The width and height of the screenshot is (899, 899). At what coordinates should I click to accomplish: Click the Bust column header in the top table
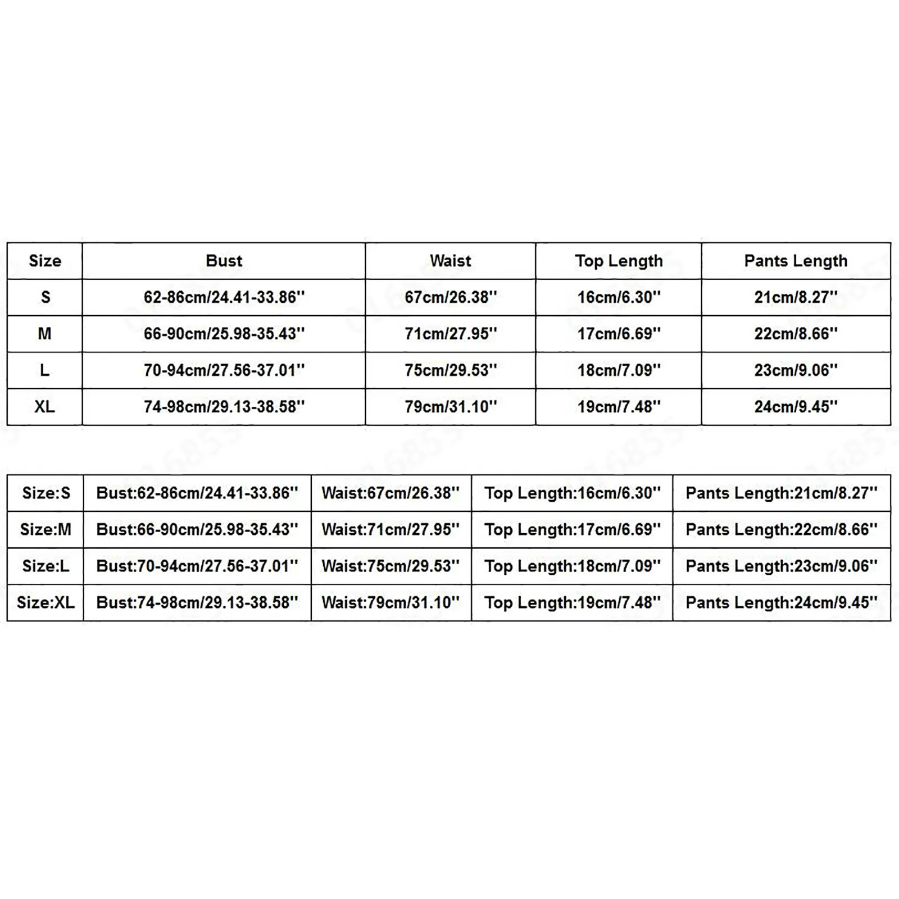click(224, 261)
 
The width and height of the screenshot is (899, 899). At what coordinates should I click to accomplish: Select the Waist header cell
click(450, 261)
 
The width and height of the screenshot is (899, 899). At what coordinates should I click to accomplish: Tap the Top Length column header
click(619, 261)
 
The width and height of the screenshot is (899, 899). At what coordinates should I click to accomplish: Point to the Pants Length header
click(796, 261)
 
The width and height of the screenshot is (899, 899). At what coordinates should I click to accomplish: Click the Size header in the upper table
click(45, 261)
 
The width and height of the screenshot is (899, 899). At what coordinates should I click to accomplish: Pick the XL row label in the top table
click(45, 406)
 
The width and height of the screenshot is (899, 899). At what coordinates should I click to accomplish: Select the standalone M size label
click(45, 334)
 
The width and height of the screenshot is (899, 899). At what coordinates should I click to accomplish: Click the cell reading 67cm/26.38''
click(451, 297)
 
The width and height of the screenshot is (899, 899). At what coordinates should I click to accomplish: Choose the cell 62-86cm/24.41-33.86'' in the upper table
click(224, 297)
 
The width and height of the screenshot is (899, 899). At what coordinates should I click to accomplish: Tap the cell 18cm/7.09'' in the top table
click(619, 370)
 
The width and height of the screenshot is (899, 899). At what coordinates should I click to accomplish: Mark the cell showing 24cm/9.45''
click(796, 406)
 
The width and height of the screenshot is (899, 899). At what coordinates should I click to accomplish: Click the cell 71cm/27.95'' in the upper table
click(451, 334)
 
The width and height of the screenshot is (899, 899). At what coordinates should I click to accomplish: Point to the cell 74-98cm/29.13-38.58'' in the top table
click(224, 406)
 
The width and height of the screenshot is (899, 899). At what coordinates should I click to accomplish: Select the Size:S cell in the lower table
click(46, 493)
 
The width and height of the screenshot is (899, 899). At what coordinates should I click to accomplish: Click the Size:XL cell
click(46, 602)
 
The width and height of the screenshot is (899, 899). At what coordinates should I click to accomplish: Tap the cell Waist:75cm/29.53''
click(391, 566)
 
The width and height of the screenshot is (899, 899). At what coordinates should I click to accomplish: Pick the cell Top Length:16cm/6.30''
click(572, 493)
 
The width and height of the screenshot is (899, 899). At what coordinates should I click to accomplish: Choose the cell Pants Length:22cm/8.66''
click(781, 529)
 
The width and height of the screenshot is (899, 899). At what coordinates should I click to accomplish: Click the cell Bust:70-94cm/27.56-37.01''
click(197, 566)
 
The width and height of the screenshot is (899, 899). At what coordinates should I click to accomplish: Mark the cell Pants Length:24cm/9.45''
click(781, 602)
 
